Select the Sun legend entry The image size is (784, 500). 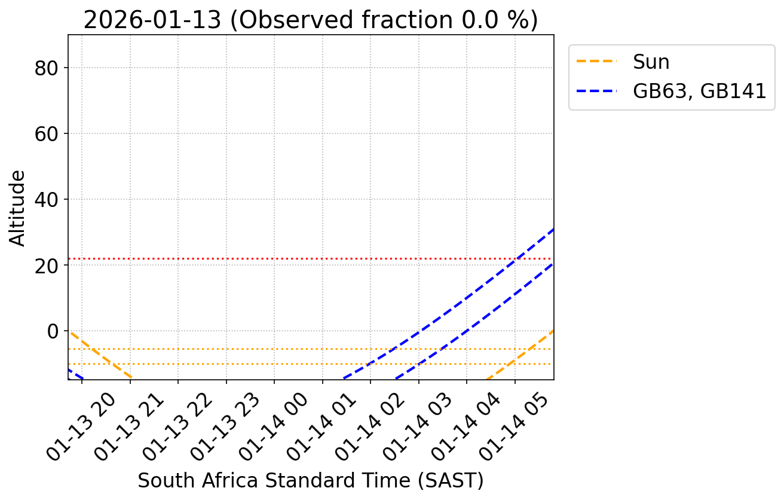[x=651, y=62]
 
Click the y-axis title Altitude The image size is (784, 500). [x=19, y=208]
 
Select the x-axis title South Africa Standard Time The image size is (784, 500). [x=311, y=480]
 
